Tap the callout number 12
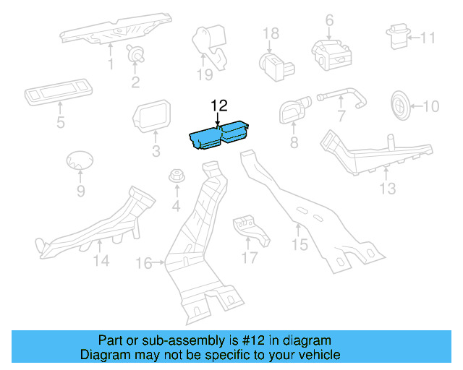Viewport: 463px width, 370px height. (x=218, y=106)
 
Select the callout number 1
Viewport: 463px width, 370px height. (x=111, y=65)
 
